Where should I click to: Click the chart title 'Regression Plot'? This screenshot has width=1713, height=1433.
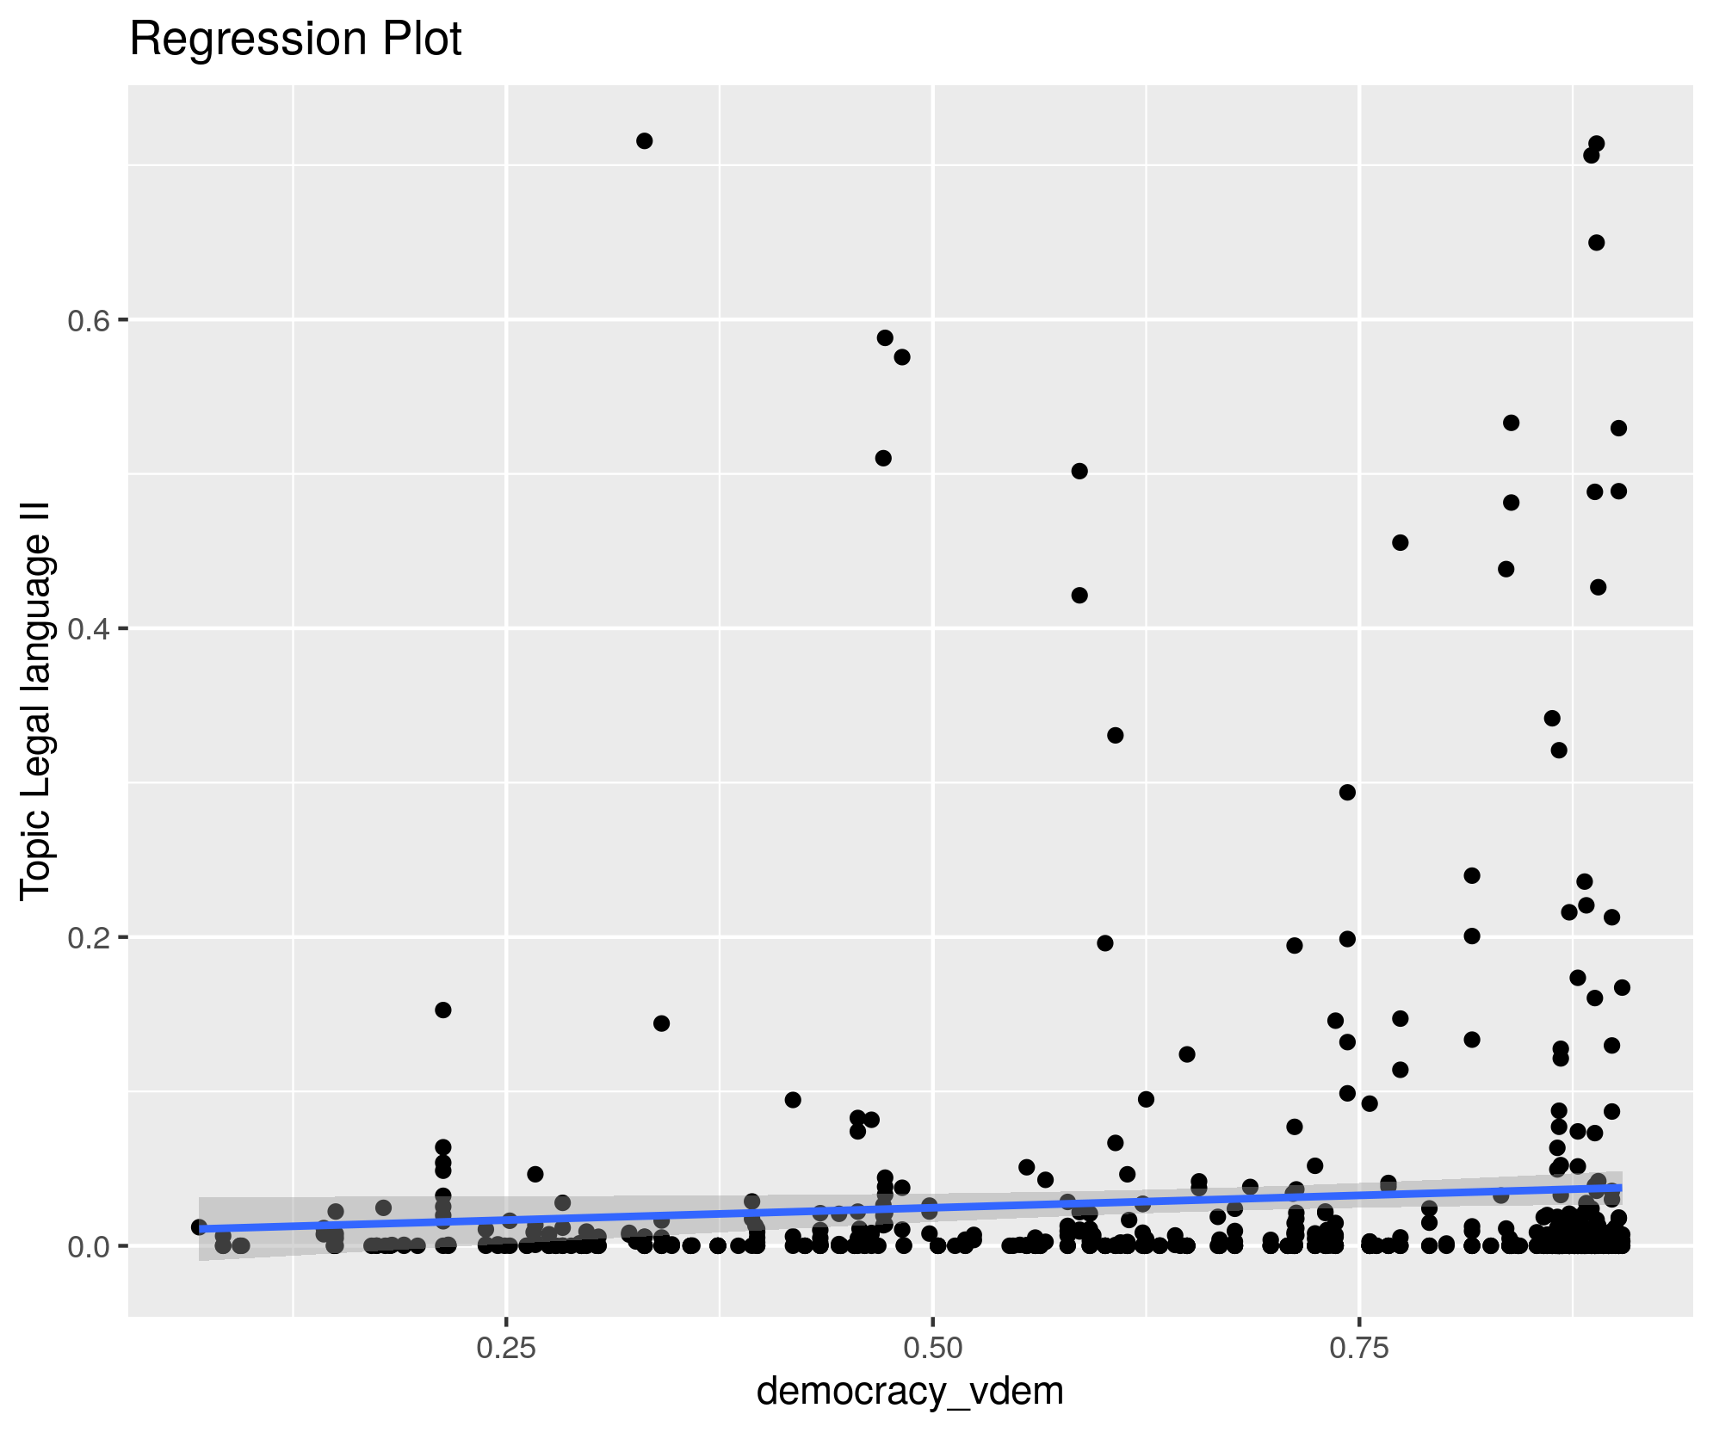tap(295, 40)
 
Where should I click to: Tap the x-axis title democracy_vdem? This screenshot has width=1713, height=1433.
tap(910, 1390)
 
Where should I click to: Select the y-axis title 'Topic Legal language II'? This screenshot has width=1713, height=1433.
tap(37, 701)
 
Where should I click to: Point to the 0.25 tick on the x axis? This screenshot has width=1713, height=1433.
tap(506, 1348)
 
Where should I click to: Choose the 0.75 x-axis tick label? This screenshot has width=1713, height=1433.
tap(1359, 1348)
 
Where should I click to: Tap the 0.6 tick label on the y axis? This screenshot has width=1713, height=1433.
tap(86, 320)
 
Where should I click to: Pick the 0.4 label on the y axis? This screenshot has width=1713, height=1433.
tap(86, 629)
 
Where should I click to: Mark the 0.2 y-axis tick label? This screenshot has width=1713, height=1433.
tap(86, 937)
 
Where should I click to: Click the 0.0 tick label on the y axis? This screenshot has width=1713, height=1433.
tap(86, 1245)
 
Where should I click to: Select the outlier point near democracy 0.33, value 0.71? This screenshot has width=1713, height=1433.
tap(644, 141)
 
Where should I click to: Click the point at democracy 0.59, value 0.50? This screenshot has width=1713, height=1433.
tap(1079, 471)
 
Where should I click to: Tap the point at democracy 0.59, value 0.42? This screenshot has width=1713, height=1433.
tap(1079, 596)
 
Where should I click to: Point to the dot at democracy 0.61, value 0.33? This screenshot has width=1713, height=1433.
tap(1115, 735)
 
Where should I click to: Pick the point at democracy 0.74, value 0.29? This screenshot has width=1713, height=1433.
tap(1347, 793)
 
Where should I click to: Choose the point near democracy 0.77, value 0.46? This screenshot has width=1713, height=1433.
tap(1400, 542)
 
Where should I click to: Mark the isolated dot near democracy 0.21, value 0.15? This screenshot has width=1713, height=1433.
tap(442, 1010)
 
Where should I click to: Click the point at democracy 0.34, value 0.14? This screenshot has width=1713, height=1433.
tap(661, 1023)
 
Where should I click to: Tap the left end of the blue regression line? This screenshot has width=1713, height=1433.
tap(201, 1229)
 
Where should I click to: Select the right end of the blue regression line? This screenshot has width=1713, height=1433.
tap(1620, 1188)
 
